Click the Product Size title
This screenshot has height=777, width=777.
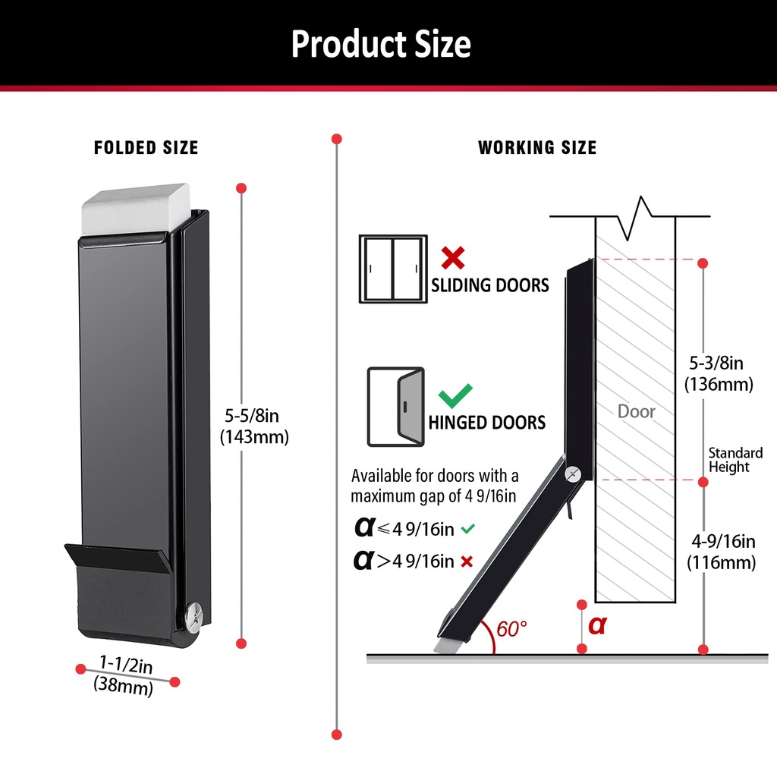[x=381, y=44]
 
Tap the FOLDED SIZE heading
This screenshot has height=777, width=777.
[x=146, y=148]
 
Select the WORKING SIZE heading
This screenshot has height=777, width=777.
[x=537, y=148]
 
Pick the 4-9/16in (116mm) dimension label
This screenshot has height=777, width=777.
[x=722, y=552]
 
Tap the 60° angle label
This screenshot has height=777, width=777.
[x=512, y=629]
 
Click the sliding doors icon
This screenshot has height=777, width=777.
[x=392, y=269]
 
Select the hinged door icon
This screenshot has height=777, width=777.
[x=395, y=407]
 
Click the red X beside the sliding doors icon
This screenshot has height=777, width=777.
[x=452, y=258]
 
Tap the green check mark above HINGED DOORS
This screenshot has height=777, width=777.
[x=455, y=395]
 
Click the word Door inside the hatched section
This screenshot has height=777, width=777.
[x=636, y=411]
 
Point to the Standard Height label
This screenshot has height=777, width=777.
[x=735, y=460]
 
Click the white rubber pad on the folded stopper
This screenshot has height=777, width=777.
[x=135, y=206]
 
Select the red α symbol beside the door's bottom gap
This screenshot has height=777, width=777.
[x=598, y=626]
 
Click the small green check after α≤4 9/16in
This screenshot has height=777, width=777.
[x=467, y=528]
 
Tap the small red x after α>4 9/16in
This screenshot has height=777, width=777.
[x=467, y=562]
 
